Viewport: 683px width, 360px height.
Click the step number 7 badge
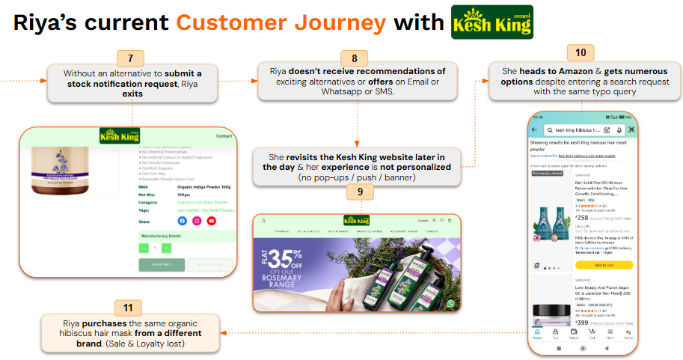coord(130,58)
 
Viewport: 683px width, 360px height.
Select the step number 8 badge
coord(355,58)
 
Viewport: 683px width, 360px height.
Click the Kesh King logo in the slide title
coord(492,22)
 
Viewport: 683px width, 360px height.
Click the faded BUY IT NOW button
coord(210,265)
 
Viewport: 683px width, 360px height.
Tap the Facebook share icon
coord(182,221)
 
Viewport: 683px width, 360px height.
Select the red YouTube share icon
coord(212,221)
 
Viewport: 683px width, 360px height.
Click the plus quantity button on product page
coord(166,248)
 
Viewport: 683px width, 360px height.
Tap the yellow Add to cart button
coord(604,265)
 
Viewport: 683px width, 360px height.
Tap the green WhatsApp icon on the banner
coord(450,303)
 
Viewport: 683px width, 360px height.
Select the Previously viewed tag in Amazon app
coord(546,173)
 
